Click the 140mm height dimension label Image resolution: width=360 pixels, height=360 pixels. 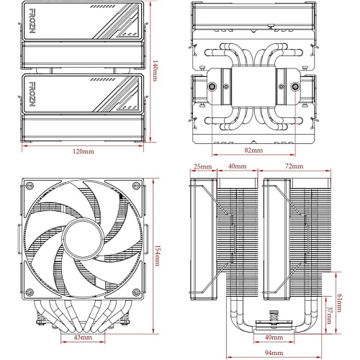(155, 71)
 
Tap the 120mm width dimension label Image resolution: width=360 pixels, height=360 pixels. (84, 151)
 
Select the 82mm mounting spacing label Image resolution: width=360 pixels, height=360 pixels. (253, 150)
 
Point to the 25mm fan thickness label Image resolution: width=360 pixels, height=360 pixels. (203, 166)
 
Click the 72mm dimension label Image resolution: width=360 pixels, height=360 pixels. (294, 166)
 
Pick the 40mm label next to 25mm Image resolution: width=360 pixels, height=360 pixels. (237, 166)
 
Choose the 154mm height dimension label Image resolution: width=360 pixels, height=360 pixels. (156, 255)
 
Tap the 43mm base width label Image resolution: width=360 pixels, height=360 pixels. (83, 337)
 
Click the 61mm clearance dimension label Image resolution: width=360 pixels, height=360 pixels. (339, 303)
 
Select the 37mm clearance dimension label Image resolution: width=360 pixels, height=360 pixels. (329, 315)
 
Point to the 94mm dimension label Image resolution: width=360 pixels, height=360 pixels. (274, 353)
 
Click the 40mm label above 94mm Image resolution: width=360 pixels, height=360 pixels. (274, 337)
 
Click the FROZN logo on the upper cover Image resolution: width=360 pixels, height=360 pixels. (32, 21)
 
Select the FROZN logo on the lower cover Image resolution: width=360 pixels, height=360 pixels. (32, 94)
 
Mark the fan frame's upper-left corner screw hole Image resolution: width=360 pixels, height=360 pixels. (30, 186)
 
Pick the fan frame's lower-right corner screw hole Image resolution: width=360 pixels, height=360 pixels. (136, 292)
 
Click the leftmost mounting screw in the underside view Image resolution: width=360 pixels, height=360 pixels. (212, 86)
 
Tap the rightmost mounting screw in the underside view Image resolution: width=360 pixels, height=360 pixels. (294, 86)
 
